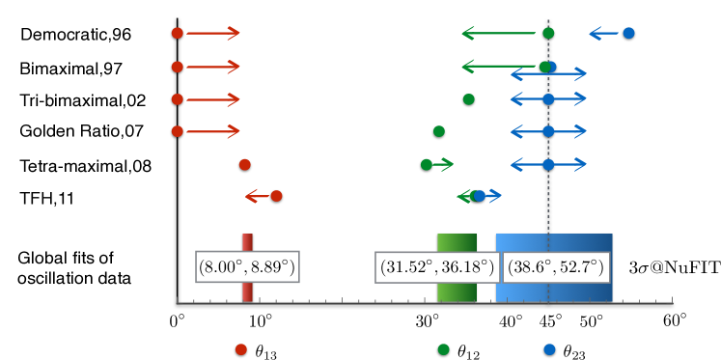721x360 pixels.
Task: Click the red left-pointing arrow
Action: (256, 196)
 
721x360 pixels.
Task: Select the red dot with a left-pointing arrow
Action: (276, 196)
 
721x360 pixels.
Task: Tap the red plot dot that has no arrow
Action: (245, 164)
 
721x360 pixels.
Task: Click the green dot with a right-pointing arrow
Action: (427, 164)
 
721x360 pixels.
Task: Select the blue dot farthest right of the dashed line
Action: (628, 33)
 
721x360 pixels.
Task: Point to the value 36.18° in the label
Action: (466, 267)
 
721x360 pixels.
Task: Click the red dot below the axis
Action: (241, 349)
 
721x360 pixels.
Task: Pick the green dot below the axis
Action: (443, 349)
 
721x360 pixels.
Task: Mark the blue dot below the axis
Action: (549, 349)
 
